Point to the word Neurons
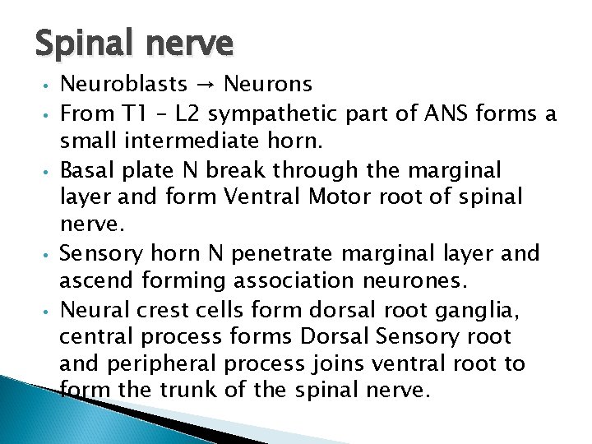[x=268, y=84]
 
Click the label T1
[x=133, y=112]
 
